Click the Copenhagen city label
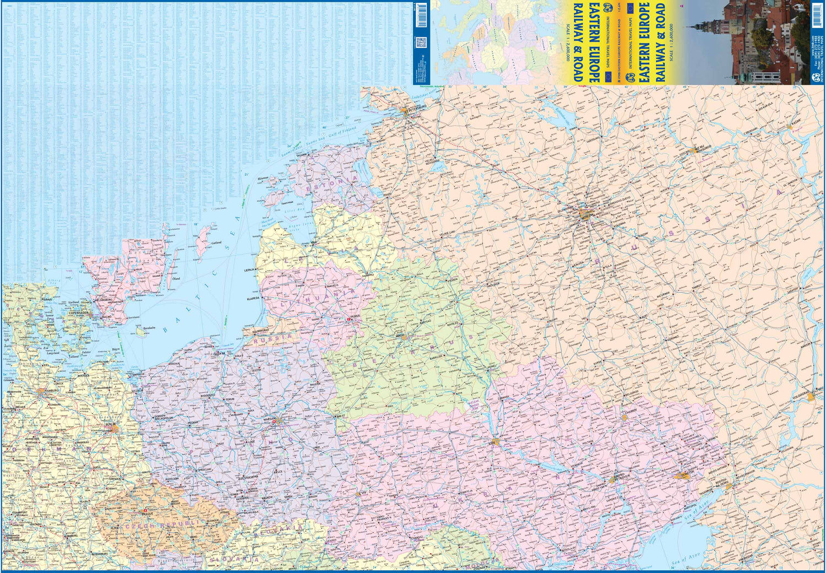tap(79, 313)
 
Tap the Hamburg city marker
tap(44, 392)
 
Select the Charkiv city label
tap(629, 410)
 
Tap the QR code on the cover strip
tap(421, 42)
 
